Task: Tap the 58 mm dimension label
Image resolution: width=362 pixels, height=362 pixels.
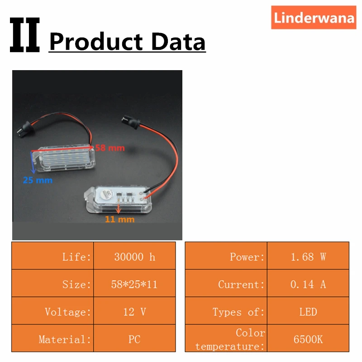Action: point(110,148)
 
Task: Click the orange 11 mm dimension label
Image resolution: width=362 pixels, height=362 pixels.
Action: point(120,219)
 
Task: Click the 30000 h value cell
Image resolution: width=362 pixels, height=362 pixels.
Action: point(134,257)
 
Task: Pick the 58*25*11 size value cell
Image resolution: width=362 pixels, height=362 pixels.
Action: point(134,285)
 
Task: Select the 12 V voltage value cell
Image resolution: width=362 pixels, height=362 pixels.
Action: point(134,312)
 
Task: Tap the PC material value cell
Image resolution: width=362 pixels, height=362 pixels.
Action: point(134,339)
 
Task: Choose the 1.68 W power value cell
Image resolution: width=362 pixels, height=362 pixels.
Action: point(308,257)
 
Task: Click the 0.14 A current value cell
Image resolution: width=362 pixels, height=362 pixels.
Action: point(308,285)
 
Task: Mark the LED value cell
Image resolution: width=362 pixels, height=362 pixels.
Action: point(308,312)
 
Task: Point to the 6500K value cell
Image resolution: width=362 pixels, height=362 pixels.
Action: point(308,339)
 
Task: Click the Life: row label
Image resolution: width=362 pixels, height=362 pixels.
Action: point(76,257)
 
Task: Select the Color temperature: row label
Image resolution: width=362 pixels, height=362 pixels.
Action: point(231,339)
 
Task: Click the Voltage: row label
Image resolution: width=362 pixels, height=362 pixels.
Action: point(68,312)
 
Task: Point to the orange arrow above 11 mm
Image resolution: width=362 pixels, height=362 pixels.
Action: point(119,208)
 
